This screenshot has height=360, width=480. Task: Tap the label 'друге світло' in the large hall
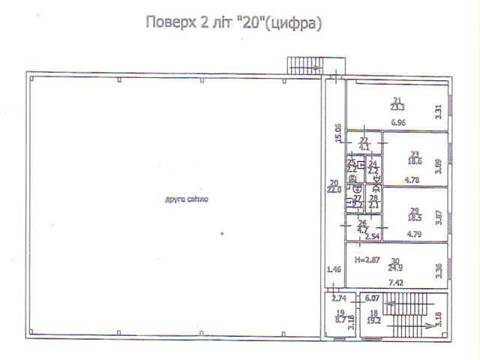click(187, 199)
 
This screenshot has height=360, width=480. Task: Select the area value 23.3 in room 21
click(397, 108)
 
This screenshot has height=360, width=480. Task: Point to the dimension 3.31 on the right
click(439, 112)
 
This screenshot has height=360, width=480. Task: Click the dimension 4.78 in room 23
click(412, 180)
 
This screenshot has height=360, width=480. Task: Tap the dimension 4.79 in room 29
click(414, 234)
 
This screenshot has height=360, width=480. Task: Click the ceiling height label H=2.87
click(367, 260)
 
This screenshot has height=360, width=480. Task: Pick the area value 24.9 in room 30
click(397, 268)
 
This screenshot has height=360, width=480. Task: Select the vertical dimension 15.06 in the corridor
click(338, 133)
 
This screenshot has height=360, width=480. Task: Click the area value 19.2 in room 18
click(373, 319)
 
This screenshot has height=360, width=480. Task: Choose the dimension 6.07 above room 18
click(373, 298)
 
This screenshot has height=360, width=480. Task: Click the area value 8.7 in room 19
click(340, 319)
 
